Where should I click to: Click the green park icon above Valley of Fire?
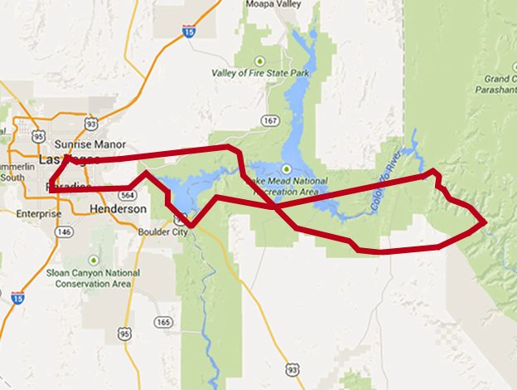[260, 61]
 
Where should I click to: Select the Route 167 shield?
[268, 120]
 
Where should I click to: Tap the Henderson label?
[118, 208]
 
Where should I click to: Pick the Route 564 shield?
[128, 195]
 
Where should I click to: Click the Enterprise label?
[39, 214]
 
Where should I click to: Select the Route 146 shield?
[65, 232]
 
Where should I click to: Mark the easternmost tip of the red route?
[485, 222]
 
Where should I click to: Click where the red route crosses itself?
[275, 204]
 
